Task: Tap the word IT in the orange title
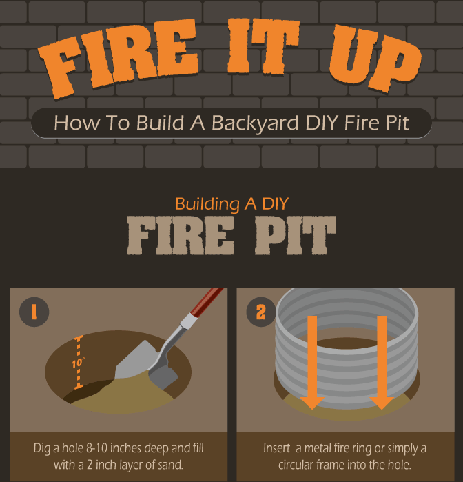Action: [x=263, y=46]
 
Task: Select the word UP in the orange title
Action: [x=375, y=57]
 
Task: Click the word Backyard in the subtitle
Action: [x=255, y=123]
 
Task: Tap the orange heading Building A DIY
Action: [x=231, y=203]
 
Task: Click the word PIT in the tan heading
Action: [x=296, y=235]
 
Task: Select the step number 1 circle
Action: [x=34, y=312]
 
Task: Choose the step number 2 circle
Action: [x=261, y=312]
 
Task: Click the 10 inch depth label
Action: [x=79, y=363]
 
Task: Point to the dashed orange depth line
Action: [x=79, y=362]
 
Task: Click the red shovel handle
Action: [x=207, y=302]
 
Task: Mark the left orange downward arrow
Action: [x=312, y=362]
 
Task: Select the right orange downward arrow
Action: [x=382, y=362]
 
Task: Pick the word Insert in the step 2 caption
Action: [x=276, y=448]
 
